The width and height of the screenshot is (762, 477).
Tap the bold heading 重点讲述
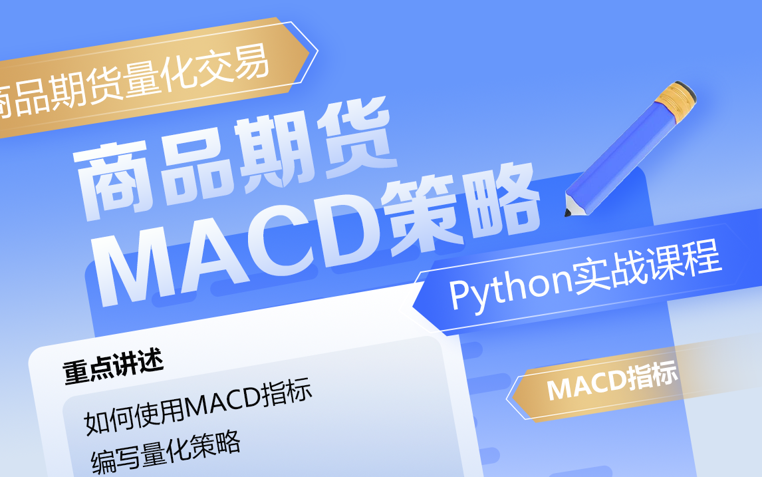click(113, 367)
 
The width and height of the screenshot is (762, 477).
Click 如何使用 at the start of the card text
click(134, 414)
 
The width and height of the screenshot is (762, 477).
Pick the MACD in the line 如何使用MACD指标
click(223, 403)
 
